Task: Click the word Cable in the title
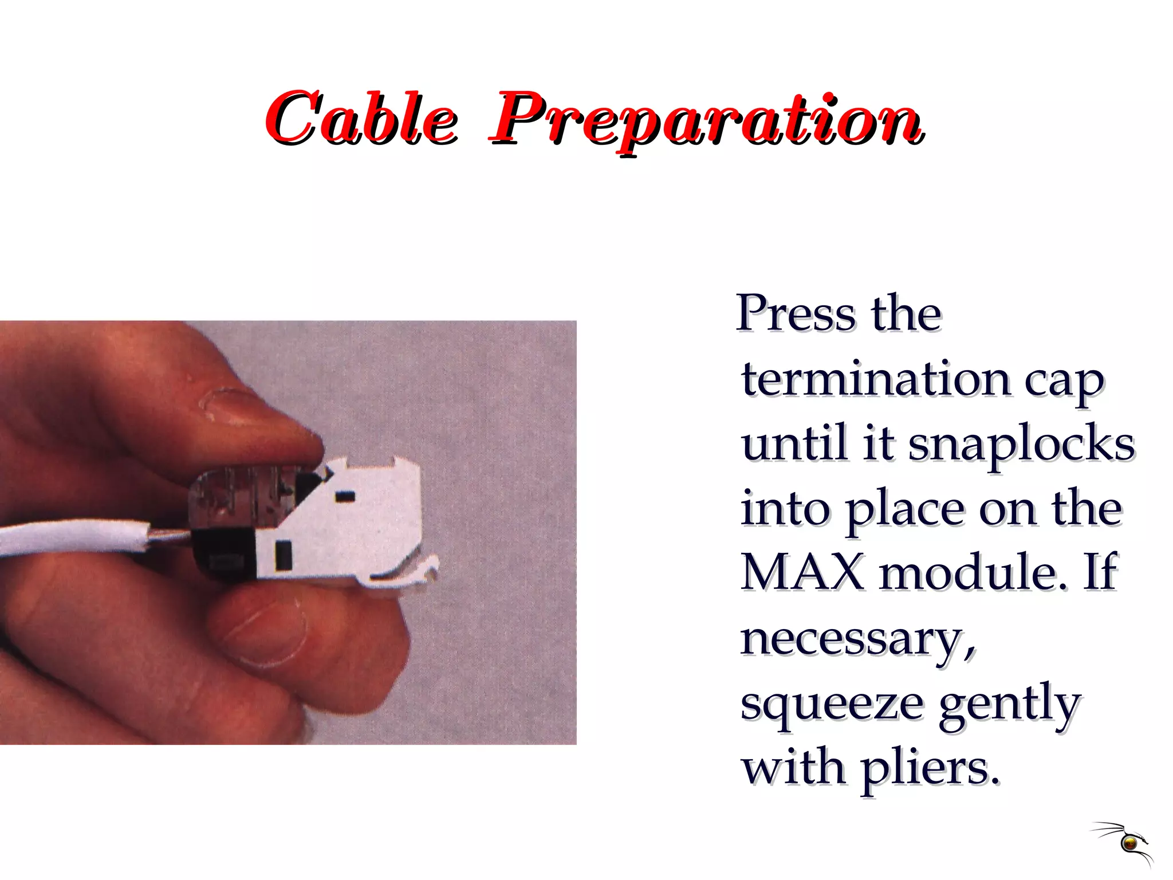tap(361, 119)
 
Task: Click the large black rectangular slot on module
tap(284, 555)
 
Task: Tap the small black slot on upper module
tap(344, 496)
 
